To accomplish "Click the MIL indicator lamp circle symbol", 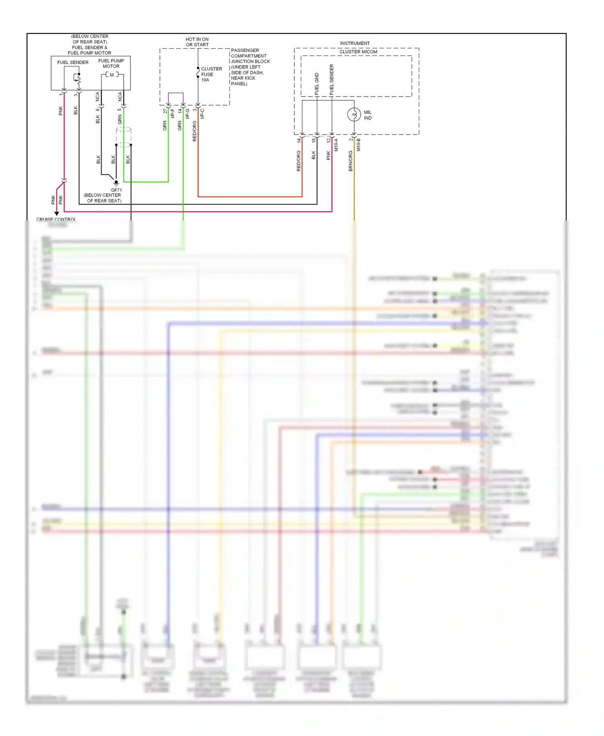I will (354, 115).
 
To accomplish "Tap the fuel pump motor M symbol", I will (112, 75).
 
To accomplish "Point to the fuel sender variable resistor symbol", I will (78, 79).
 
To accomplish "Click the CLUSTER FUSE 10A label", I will (211, 74).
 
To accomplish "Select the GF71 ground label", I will (116, 190).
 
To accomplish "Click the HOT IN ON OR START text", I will (197, 42).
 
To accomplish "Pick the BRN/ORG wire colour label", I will (350, 161).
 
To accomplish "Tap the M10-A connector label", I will (336, 145).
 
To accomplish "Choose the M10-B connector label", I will (358, 145).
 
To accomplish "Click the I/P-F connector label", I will (172, 113).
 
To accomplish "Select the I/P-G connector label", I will (187, 113).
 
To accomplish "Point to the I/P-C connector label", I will (202, 114).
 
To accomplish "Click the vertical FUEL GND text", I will (317, 84).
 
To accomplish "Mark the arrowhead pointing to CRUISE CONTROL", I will (57, 213).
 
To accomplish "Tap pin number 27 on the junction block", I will (165, 111).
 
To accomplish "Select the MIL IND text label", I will (368, 115).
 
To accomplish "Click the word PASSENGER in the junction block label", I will (245, 50).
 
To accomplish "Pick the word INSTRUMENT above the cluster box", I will (355, 43).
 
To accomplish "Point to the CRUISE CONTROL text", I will (56, 219).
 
